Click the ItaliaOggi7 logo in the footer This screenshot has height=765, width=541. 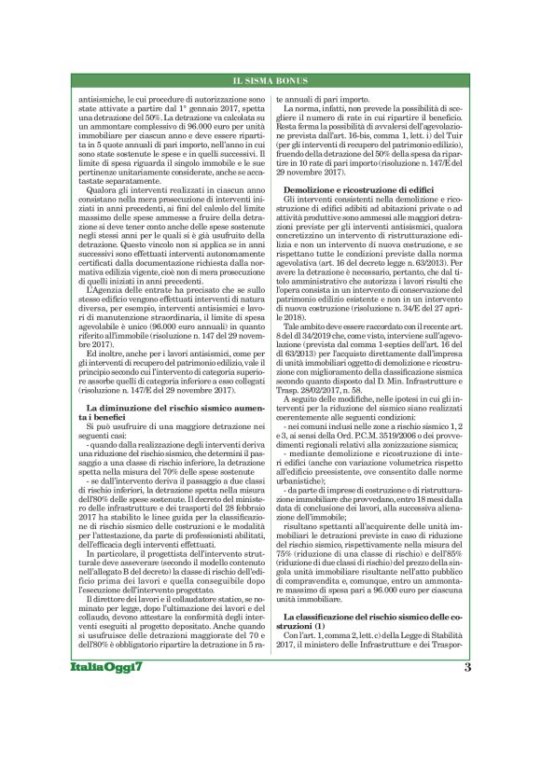[105, 720]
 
